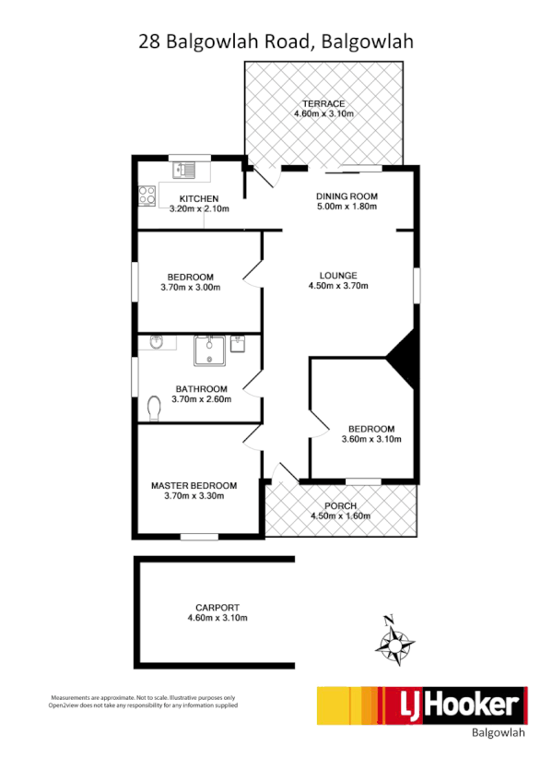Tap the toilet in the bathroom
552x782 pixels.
pos(154,406)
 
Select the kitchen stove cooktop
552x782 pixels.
pos(147,195)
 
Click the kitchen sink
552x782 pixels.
pos(188,170)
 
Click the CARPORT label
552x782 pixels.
pos(217,607)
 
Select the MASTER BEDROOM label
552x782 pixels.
pos(194,485)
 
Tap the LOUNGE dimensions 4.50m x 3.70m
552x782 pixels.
pos(338,286)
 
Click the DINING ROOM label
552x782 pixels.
pos(347,196)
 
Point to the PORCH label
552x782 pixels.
pos(341,505)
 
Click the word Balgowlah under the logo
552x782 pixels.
pos(498,734)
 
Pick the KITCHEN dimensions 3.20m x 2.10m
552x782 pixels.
pos(199,209)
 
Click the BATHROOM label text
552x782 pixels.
pos(202,388)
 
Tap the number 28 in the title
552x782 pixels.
pos(148,41)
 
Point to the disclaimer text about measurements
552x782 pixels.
pos(144,702)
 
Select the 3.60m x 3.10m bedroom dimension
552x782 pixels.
pos(371,440)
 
